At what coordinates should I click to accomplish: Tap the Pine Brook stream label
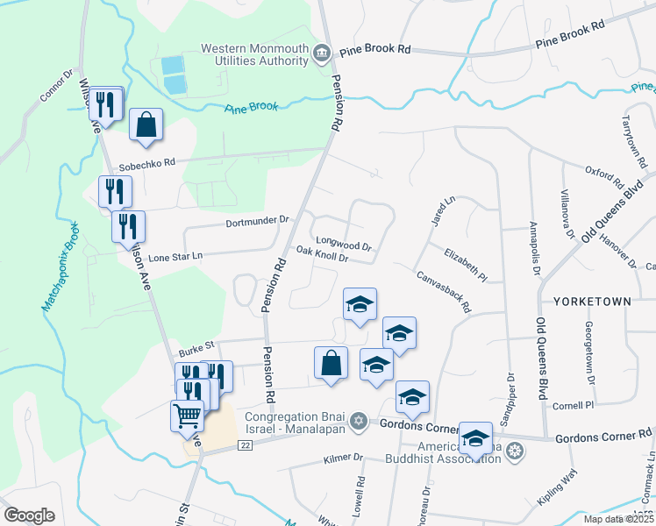252,108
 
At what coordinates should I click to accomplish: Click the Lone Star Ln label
175,257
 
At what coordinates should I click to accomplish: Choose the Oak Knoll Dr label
323,254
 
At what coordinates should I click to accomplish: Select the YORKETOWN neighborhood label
591,301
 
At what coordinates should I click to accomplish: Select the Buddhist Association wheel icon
517,451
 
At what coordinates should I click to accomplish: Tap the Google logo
29,515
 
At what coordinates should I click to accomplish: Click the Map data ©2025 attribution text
618,519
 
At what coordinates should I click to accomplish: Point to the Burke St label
197,346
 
